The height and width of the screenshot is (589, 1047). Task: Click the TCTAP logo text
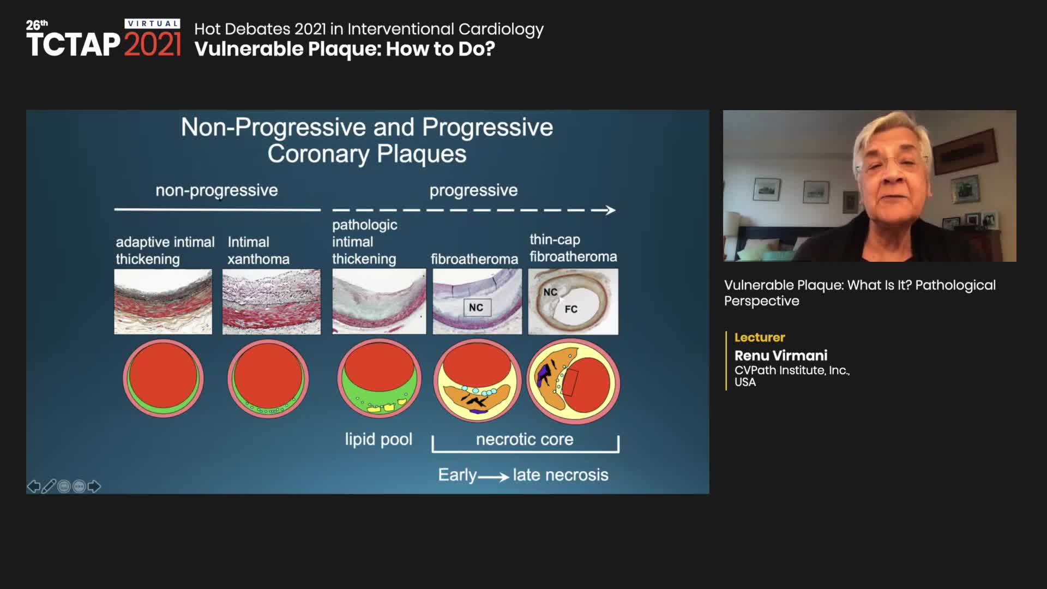tap(73, 44)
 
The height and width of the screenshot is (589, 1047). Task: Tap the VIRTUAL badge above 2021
tap(153, 23)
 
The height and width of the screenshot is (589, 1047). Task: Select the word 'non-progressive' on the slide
tap(216, 190)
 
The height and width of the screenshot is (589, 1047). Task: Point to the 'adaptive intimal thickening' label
tap(165, 250)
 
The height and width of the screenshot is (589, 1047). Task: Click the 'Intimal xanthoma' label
tap(258, 250)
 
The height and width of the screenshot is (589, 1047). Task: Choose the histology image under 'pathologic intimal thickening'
tap(379, 302)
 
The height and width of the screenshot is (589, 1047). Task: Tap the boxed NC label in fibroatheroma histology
tap(476, 308)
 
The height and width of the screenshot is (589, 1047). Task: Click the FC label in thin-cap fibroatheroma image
tap(571, 309)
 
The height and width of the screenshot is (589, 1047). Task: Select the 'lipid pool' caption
tap(378, 439)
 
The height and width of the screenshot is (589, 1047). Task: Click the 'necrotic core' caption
tap(525, 439)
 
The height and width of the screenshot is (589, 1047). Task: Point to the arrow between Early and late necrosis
tap(494, 477)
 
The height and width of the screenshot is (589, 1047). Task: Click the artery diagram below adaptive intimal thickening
tap(163, 378)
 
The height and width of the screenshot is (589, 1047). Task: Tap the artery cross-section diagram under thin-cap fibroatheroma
tap(573, 381)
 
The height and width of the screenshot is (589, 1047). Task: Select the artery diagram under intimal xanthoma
tap(268, 378)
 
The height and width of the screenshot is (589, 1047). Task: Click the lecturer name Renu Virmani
tap(781, 356)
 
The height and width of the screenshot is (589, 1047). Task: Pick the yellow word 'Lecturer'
tap(760, 338)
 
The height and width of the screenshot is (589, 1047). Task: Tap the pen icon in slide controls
tap(49, 486)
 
